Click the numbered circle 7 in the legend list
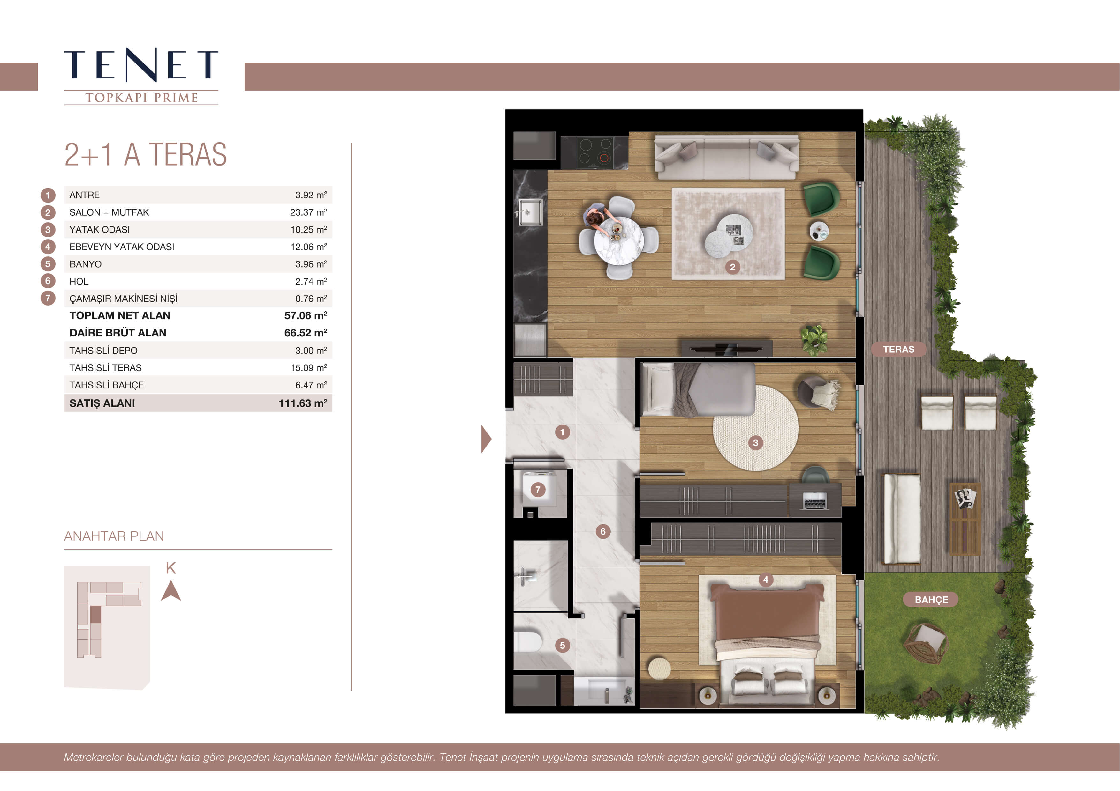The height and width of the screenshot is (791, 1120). [x=48, y=298]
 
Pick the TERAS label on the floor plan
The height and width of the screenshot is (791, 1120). [x=898, y=350]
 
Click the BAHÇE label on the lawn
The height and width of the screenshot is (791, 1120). [x=931, y=599]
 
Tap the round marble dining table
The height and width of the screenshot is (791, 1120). [x=618, y=241]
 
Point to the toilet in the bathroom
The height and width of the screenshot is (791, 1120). [x=527, y=642]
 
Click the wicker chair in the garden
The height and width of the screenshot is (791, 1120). [x=926, y=643]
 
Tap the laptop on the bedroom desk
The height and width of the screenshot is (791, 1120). [x=814, y=500]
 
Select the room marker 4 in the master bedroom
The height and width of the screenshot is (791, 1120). [x=766, y=580]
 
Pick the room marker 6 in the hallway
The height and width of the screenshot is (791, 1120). [x=603, y=531]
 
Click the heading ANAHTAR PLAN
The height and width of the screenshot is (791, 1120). [x=114, y=536]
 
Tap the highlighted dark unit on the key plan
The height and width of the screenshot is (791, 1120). [x=95, y=615]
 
